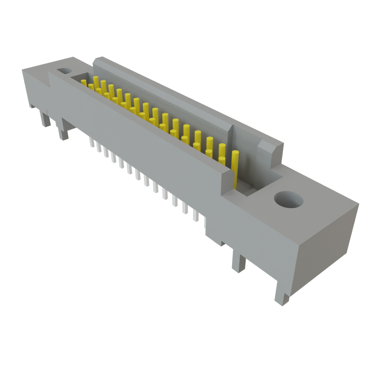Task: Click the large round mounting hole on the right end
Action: [x=288, y=200]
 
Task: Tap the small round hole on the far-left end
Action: [x=64, y=70]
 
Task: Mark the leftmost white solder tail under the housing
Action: [x=92, y=142]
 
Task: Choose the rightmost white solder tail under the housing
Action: [x=204, y=222]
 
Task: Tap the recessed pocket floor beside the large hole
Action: [x=260, y=186]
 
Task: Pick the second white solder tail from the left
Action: [x=99, y=148]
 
